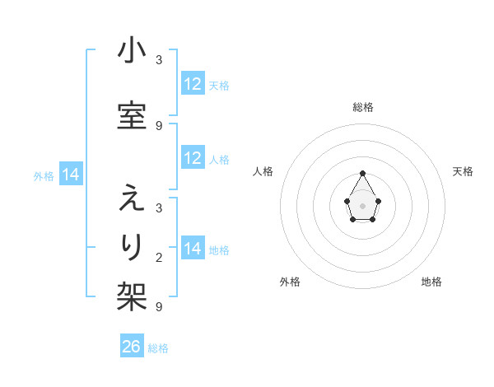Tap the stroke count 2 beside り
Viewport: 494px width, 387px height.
pyautogui.click(x=159, y=258)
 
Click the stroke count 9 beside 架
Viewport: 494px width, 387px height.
pyautogui.click(x=159, y=307)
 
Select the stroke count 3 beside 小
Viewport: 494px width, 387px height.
pyautogui.click(x=159, y=60)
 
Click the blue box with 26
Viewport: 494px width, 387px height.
pyautogui.click(x=132, y=347)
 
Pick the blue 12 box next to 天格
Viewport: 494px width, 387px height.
pyautogui.click(x=193, y=84)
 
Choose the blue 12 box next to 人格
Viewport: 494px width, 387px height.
pyautogui.click(x=193, y=158)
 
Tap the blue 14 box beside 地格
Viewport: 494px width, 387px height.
pyautogui.click(x=193, y=249)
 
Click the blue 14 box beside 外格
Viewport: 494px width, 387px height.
pyautogui.click(x=71, y=175)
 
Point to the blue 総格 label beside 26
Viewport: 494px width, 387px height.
pyautogui.click(x=158, y=348)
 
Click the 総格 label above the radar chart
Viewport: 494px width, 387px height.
pyautogui.click(x=363, y=107)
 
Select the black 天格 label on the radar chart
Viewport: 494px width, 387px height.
pyautogui.click(x=464, y=171)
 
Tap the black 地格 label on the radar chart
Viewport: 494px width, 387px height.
pyautogui.click(x=431, y=282)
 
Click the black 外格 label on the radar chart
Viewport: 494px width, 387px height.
pyautogui.click(x=290, y=282)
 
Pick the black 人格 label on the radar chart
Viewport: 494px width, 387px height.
pyautogui.click(x=263, y=171)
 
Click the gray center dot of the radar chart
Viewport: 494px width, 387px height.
pyautogui.click(x=363, y=204)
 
